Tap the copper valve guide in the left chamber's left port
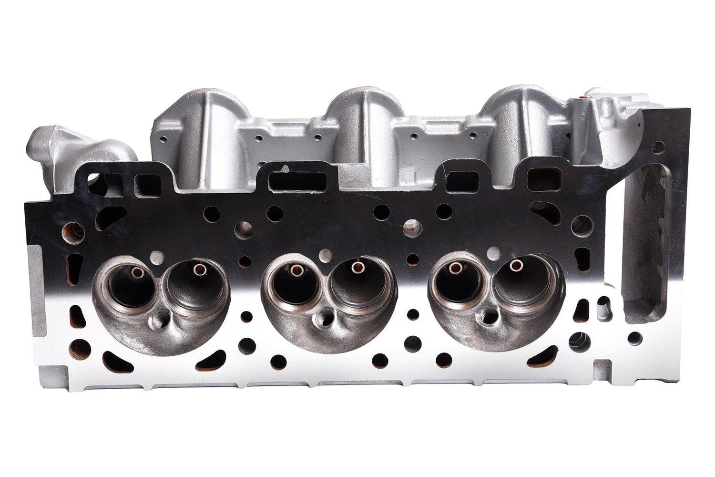coord(137,272)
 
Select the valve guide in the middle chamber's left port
coord(296,270)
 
